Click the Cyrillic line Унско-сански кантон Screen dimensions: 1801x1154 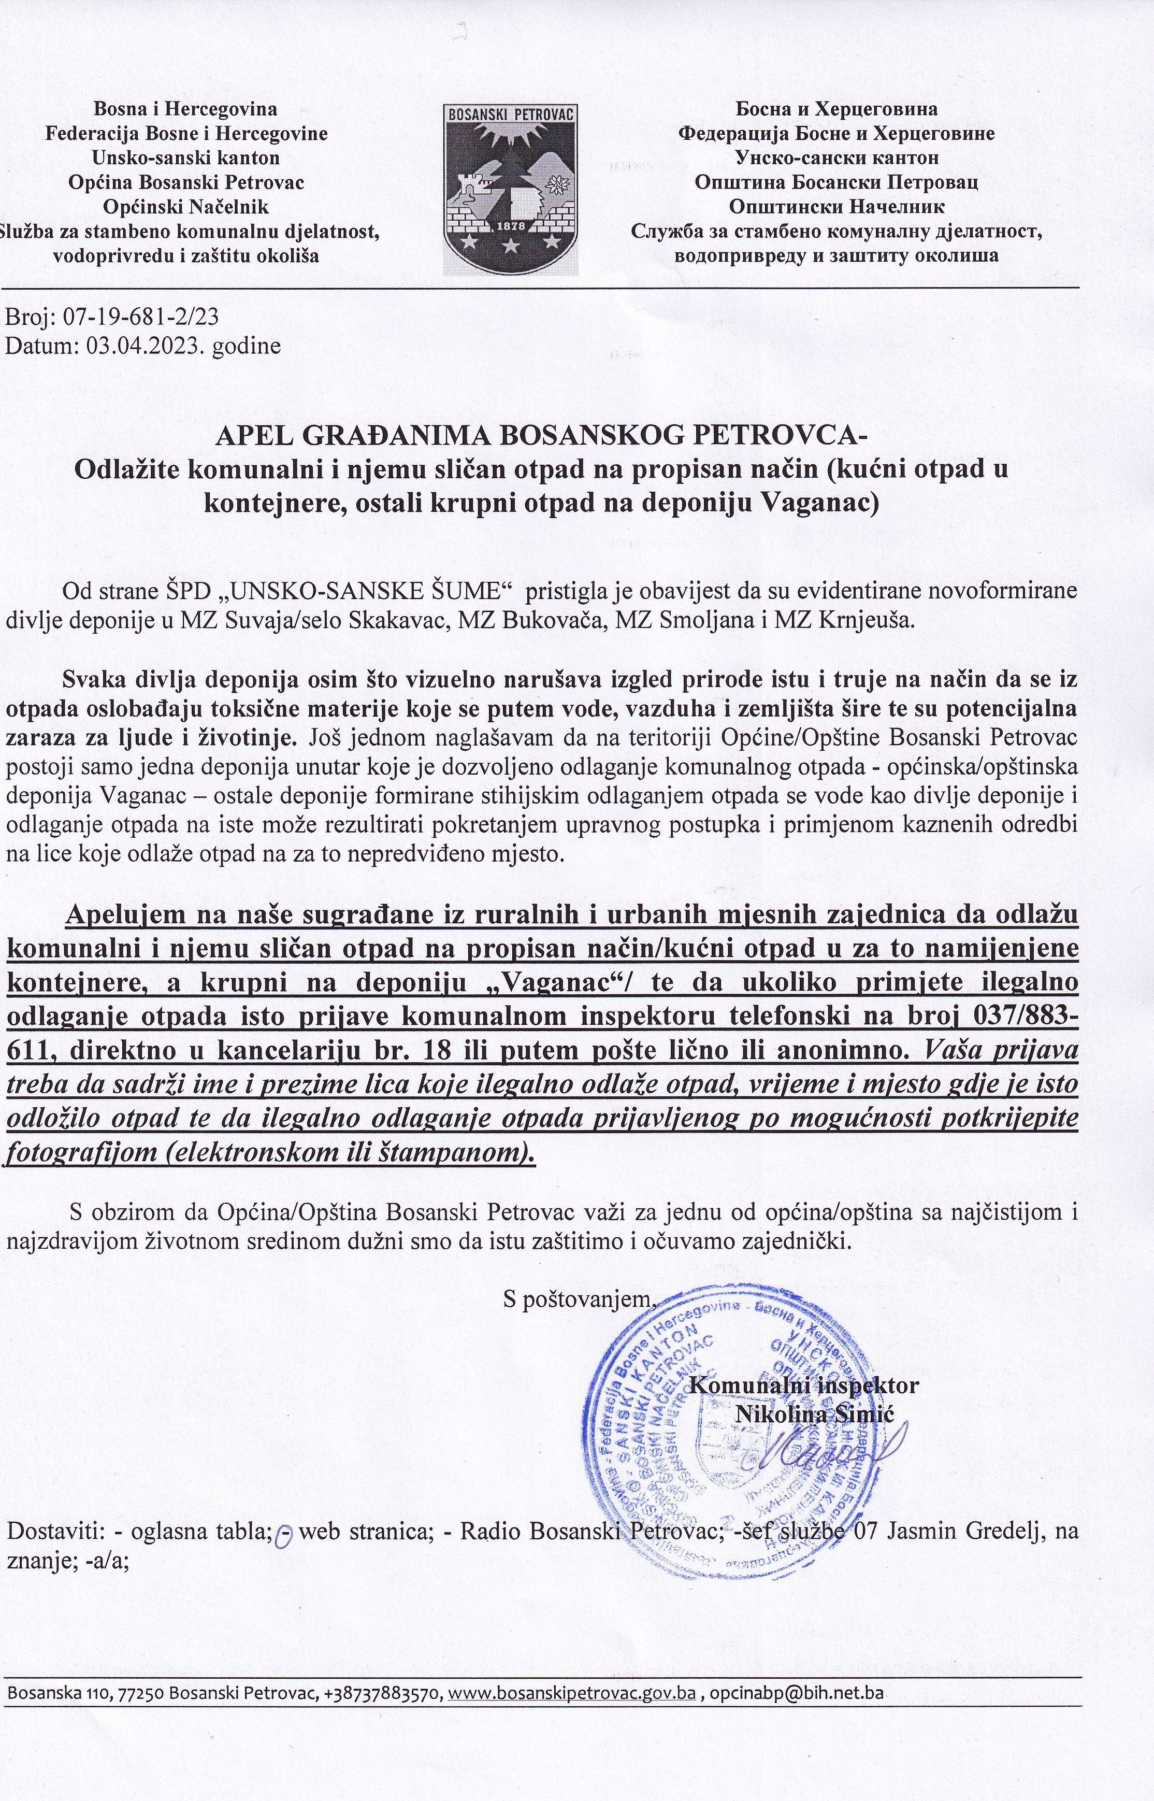(x=836, y=158)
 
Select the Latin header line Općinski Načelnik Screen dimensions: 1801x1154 (x=186, y=206)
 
